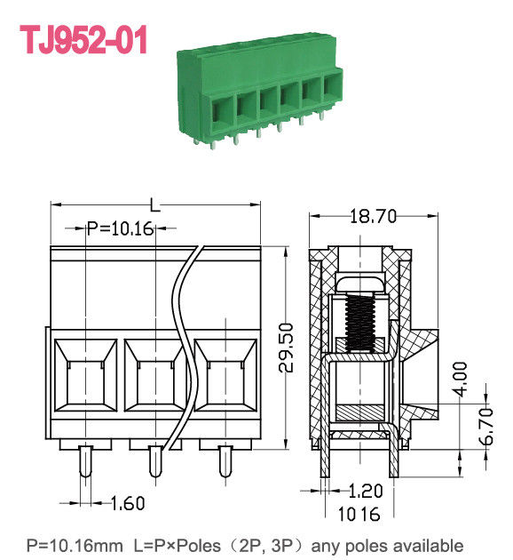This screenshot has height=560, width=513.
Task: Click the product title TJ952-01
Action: pyautogui.click(x=83, y=41)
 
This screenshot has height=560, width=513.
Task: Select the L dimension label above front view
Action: pyautogui.click(x=155, y=206)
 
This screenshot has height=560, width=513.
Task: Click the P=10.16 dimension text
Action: pyautogui.click(x=121, y=228)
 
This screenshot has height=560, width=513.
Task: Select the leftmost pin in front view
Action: pyautogui.click(x=86, y=460)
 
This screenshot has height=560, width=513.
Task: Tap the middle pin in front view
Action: pyautogui.click(x=155, y=460)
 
